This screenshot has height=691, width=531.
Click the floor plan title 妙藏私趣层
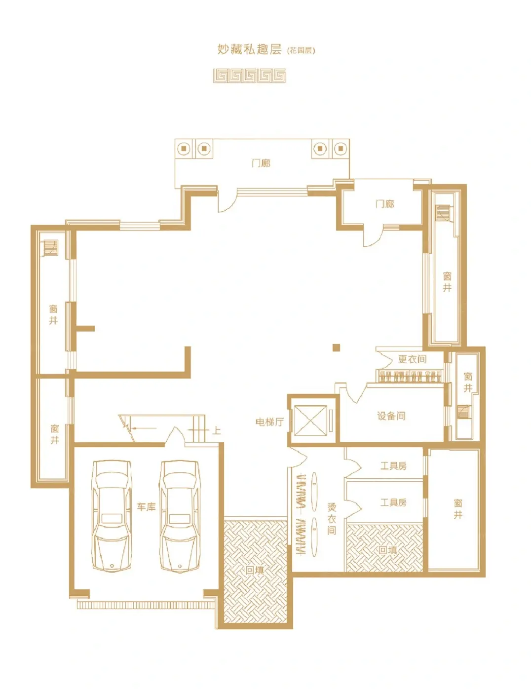(x=249, y=50)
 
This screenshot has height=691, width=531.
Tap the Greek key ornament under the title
(x=249, y=76)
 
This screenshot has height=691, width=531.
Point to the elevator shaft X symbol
(x=310, y=421)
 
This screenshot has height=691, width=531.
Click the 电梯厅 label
(x=269, y=422)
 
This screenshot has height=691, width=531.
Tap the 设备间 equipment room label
(x=391, y=416)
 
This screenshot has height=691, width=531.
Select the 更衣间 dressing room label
(x=412, y=359)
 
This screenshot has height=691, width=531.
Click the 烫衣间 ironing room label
(x=331, y=519)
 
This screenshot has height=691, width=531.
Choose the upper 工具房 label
(x=393, y=466)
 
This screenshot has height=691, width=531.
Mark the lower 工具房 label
(x=393, y=502)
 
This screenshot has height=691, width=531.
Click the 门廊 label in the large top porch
(x=261, y=163)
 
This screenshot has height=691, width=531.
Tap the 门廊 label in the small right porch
(x=385, y=204)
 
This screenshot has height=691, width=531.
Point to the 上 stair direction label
(x=216, y=431)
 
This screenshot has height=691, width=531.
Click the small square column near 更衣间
(x=337, y=347)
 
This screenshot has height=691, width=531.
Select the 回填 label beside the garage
(x=255, y=570)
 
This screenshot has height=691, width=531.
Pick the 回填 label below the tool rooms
(x=387, y=550)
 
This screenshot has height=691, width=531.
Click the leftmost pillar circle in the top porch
(x=184, y=148)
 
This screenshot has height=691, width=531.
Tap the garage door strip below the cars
(x=147, y=605)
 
